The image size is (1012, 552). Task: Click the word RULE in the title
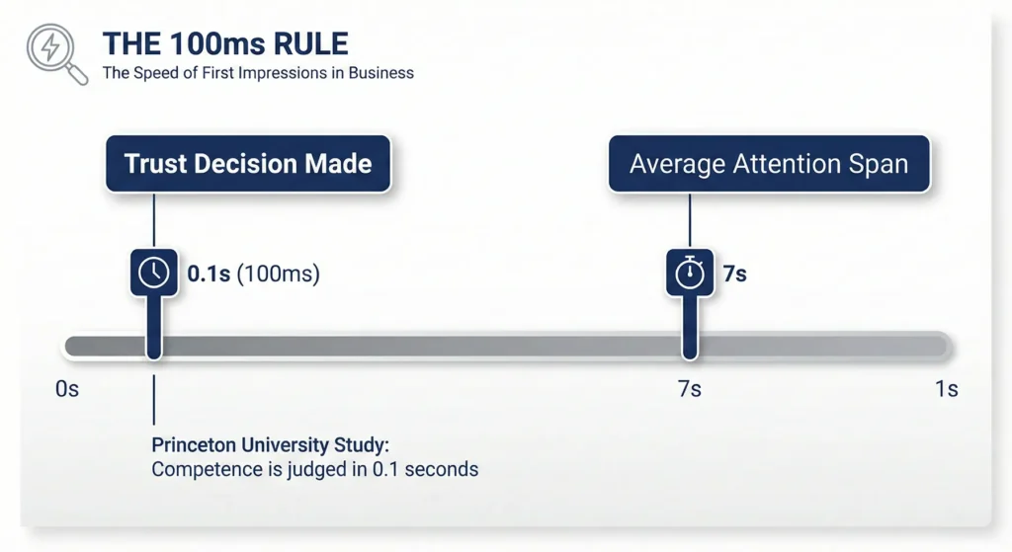[311, 43]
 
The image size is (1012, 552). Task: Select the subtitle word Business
[380, 73]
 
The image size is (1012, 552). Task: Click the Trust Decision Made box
[248, 164]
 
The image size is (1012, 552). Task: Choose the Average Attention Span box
[769, 164]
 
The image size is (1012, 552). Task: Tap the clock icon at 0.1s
[153, 273]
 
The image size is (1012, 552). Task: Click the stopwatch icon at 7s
[690, 273]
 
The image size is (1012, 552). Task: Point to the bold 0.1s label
[209, 274]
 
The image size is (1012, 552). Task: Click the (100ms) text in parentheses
[278, 274]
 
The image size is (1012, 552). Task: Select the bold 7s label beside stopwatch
[734, 274]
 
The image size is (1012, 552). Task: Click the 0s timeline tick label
[67, 389]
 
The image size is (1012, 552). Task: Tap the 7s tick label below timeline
[689, 389]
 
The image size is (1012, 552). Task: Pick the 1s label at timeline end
[947, 389]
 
